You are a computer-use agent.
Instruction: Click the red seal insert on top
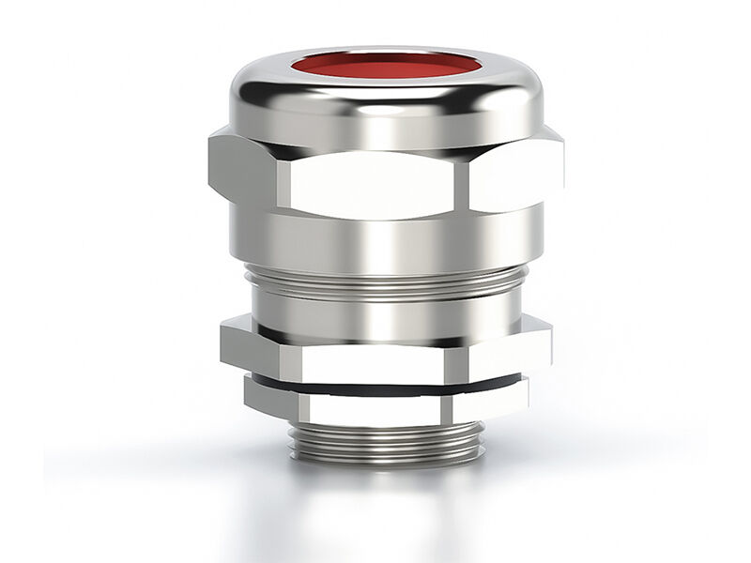pyautogui.click(x=385, y=68)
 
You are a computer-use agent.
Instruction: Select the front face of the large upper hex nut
pyautogui.click(x=375, y=178)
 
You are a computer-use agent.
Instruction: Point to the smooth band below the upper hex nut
pyautogui.click(x=385, y=239)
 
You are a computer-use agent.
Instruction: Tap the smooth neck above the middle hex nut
pyautogui.click(x=385, y=305)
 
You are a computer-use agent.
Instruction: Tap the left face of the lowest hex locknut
pyautogui.click(x=272, y=396)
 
